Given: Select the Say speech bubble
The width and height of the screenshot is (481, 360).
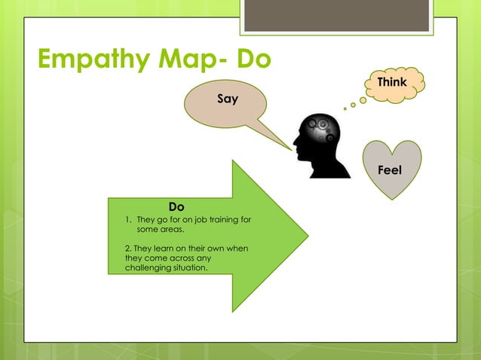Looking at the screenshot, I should (x=227, y=99).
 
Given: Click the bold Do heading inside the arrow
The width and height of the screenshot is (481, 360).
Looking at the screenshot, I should (x=176, y=206).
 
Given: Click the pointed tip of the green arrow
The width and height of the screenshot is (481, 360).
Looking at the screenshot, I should (x=308, y=236).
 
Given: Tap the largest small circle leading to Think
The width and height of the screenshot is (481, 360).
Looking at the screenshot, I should (x=363, y=99).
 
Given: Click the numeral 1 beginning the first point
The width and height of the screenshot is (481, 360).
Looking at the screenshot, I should (x=127, y=220).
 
